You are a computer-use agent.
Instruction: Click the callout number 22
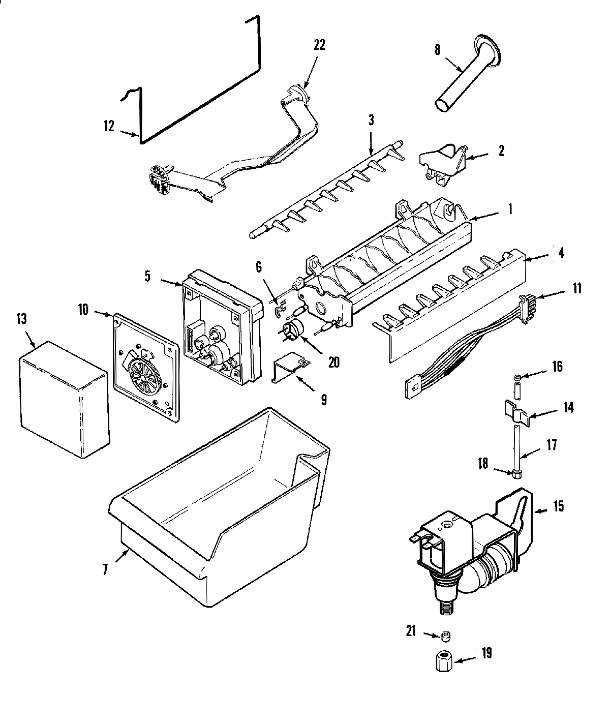[319, 45]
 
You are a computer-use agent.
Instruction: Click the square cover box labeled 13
[64, 400]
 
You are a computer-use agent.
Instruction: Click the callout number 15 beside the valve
[559, 507]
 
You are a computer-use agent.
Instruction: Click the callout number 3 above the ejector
[371, 120]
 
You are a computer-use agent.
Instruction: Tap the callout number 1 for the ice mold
[509, 208]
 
